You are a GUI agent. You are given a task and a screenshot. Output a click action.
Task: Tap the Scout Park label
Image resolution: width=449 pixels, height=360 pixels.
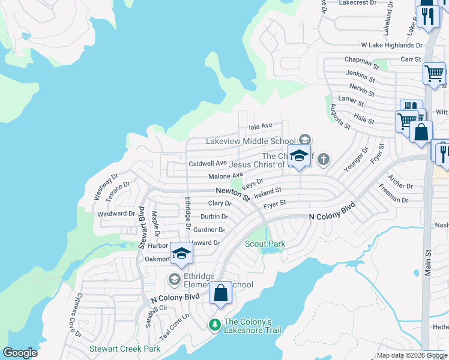coord(265,244)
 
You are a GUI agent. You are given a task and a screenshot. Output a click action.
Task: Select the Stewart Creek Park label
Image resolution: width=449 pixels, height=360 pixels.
coord(125,349)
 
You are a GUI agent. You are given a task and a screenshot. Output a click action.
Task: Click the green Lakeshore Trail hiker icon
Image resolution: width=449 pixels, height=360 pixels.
coord(214,324)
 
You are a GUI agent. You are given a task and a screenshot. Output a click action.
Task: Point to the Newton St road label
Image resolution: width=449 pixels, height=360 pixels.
coord(233,194)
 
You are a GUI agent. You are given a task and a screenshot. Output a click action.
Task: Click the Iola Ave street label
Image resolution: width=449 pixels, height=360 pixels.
coord(261,126)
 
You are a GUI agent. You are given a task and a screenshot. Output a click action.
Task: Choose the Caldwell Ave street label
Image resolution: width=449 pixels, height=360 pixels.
coord(208,163)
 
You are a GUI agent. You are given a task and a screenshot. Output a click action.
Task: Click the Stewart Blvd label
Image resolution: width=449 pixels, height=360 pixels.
coord(142,227)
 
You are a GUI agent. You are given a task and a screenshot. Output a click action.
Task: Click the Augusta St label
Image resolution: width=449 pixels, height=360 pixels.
coord(340,116)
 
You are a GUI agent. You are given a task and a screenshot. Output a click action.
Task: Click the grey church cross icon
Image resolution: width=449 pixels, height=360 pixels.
coord(323,159)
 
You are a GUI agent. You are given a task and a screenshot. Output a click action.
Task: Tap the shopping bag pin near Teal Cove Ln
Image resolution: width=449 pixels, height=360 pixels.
coord(220,293)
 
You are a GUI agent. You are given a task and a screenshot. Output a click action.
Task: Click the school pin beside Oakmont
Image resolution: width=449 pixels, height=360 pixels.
coord(181,253)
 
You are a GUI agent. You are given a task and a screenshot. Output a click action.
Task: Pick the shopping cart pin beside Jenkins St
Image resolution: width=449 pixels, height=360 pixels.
coord(433,74)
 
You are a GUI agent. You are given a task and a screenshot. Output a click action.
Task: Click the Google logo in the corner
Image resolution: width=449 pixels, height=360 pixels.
coord(20,353)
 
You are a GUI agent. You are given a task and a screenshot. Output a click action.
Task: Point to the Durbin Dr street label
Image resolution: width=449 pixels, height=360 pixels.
coord(214,217)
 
